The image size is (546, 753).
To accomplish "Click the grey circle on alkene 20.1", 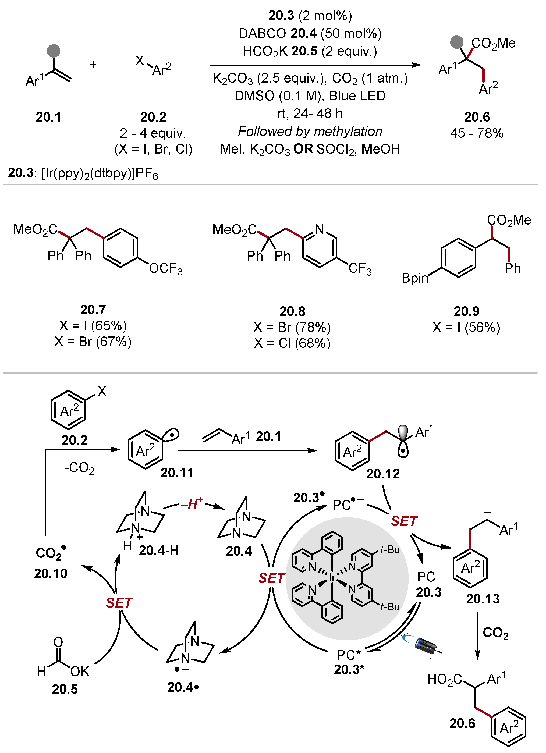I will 54,51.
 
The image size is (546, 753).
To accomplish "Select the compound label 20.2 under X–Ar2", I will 153,117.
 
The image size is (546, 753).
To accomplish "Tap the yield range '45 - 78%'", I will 477,133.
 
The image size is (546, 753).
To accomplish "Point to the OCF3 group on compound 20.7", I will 165,269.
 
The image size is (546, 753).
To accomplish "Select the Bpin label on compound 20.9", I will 415,278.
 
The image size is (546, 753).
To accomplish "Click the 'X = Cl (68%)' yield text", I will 292,343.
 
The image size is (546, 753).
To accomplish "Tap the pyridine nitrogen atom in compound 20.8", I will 320,229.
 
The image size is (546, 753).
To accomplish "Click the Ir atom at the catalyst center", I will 332,578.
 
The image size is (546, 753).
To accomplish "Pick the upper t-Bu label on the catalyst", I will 390,550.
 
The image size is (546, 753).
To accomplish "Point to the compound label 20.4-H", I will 159,551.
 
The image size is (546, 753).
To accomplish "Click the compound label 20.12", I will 383,474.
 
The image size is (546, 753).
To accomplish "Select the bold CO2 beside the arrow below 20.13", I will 495,633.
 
